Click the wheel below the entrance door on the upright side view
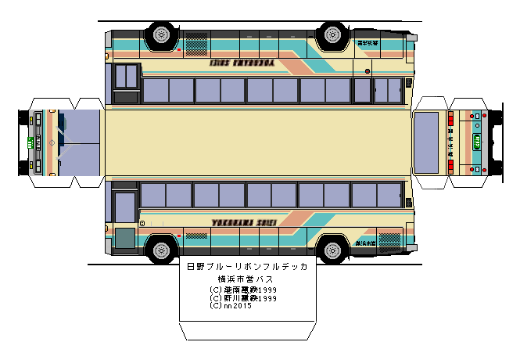(x=161, y=250)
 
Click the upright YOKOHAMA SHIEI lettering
(x=243, y=222)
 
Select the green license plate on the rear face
(x=476, y=142)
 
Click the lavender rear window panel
(x=426, y=142)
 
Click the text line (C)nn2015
(x=231, y=306)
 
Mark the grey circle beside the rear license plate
(x=486, y=142)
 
